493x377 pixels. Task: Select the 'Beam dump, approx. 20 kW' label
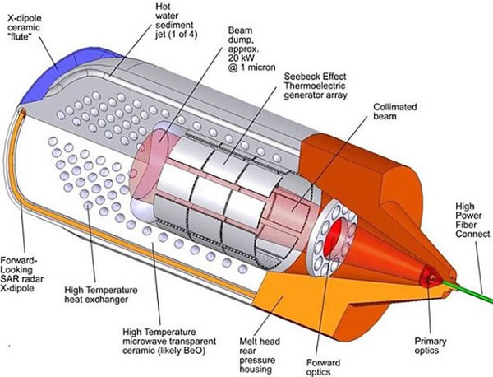click(x=251, y=47)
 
